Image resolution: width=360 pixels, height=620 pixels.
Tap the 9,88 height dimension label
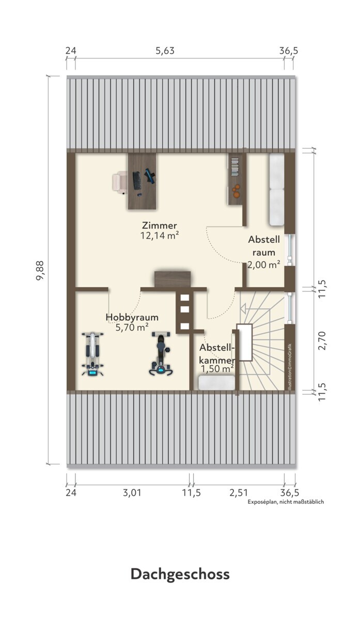tap(40, 270)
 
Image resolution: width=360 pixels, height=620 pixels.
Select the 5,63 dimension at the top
tap(165, 51)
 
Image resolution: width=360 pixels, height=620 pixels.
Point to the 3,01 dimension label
tap(132, 493)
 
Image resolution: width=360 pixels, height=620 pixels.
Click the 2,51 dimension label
tap(239, 493)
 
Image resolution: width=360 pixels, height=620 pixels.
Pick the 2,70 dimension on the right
tap(322, 340)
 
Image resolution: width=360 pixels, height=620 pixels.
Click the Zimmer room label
tap(160, 225)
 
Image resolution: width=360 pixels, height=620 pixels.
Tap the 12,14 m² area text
tap(160, 236)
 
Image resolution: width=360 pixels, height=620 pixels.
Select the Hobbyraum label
tap(132, 317)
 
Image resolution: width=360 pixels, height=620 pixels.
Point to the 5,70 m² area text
tap(132, 328)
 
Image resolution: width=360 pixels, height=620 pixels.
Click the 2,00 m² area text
tap(264, 265)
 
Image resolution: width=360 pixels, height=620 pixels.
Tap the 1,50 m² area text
tap(217, 369)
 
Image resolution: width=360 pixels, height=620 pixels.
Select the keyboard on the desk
tap(136, 180)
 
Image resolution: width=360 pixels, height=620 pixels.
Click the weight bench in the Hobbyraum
tap(92, 354)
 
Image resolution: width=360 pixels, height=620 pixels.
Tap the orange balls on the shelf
tap(236, 191)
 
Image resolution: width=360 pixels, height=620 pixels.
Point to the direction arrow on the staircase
tap(243, 308)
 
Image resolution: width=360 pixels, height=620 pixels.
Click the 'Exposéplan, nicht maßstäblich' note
tap(286, 502)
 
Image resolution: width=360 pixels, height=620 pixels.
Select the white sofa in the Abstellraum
tap(277, 190)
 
